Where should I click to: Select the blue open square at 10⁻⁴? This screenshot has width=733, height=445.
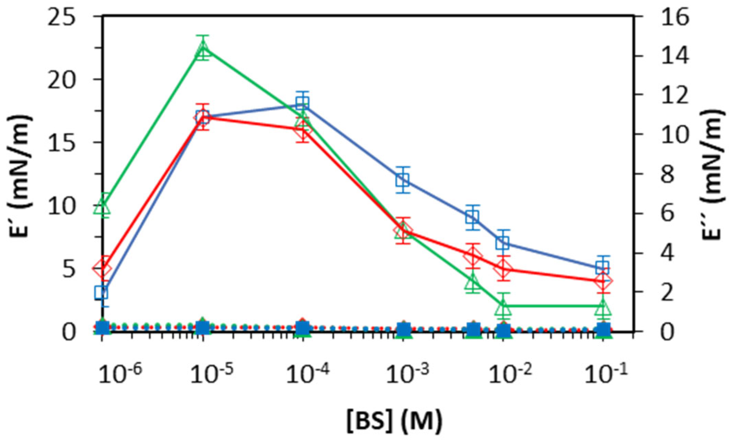(x=303, y=103)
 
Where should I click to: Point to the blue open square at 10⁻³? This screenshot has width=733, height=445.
(x=403, y=180)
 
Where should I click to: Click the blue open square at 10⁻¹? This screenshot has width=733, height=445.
(x=602, y=267)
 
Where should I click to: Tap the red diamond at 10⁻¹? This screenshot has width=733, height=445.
(x=603, y=281)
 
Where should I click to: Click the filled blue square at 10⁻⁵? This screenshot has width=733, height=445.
(x=203, y=328)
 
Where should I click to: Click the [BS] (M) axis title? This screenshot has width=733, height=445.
(x=394, y=420)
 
